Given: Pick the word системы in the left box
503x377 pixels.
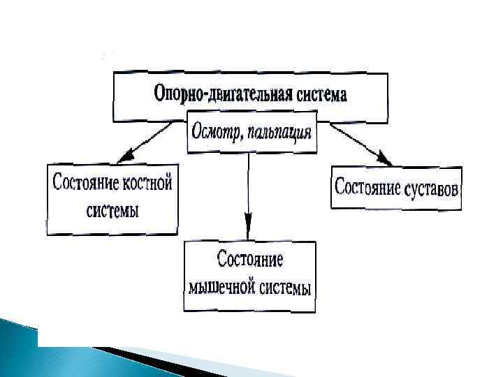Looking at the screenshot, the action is click(112, 209).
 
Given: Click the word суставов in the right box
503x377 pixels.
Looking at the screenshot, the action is click(431, 187).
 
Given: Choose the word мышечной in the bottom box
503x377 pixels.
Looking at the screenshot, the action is click(221, 287).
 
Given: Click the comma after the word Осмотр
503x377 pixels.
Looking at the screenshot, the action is click(242, 137).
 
